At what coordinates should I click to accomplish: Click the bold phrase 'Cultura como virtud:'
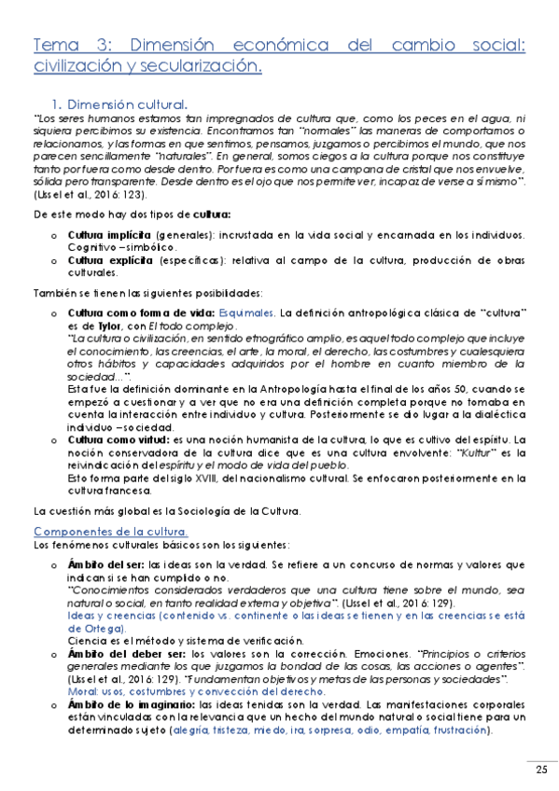(119, 438)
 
